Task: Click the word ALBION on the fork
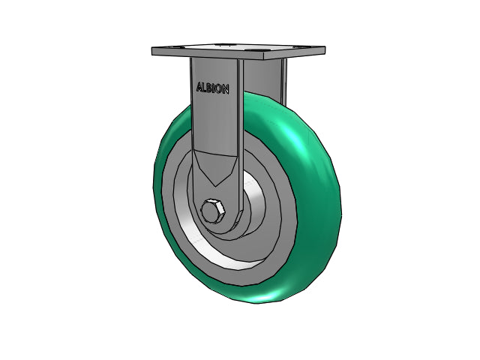(x=213, y=88)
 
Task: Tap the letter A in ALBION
(x=199, y=86)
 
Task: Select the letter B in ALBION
(x=210, y=87)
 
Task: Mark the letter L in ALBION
(x=205, y=87)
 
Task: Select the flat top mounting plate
(x=238, y=52)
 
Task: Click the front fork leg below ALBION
(x=213, y=127)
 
